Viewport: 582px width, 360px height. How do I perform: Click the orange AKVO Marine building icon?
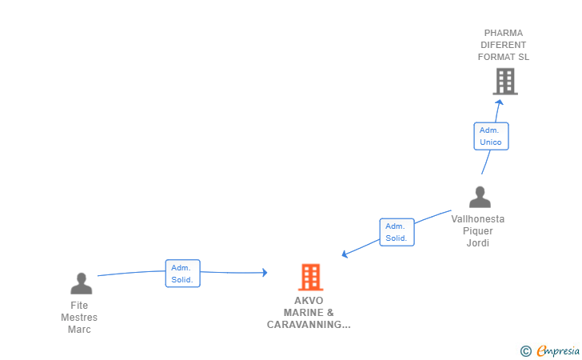coord(310,277)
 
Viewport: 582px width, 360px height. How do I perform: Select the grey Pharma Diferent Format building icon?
coord(504,82)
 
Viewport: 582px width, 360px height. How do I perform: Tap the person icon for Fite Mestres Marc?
coord(81,283)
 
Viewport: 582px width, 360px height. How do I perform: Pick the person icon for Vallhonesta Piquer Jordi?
coord(480,197)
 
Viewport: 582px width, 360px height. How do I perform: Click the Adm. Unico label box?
coord(491,136)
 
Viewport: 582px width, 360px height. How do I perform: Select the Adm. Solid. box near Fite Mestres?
coord(182,274)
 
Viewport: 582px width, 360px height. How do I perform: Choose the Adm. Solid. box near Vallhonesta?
coord(397,232)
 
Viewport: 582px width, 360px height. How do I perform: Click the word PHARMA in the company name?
coord(504,34)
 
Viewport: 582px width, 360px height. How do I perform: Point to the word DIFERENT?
coord(504,45)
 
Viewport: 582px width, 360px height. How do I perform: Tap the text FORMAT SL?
coord(504,57)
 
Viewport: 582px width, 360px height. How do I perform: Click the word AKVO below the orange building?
coord(309,301)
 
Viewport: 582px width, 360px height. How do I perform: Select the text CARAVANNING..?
coord(309,325)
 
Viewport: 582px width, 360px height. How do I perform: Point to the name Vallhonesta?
coord(478,219)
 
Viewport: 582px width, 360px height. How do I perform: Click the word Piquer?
coord(478,231)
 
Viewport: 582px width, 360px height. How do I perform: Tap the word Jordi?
coord(478,243)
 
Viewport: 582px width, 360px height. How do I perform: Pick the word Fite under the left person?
coord(79,306)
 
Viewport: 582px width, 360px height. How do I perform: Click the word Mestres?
coord(79,318)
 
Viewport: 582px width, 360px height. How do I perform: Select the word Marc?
coord(79,330)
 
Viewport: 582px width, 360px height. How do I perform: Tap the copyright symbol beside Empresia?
coord(525,350)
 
